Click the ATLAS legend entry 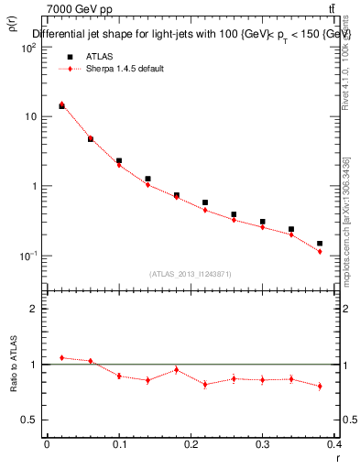coord(100,56)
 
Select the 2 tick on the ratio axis coord(33,309)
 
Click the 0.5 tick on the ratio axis coord(29,420)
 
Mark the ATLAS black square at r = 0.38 coord(320,244)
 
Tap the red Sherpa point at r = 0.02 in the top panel coord(61,104)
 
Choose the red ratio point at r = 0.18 coord(176,370)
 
